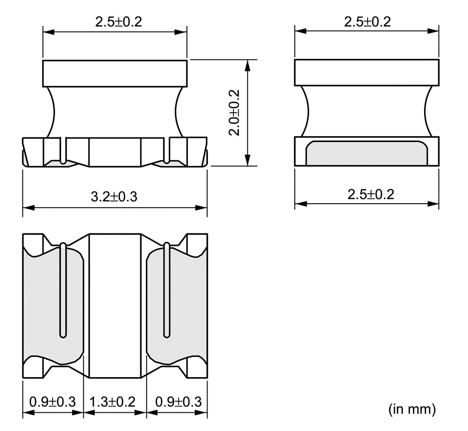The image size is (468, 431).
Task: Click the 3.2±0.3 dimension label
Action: click(x=114, y=197)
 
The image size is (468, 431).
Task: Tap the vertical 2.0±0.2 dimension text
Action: click(x=234, y=112)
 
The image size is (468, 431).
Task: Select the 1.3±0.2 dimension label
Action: click(x=112, y=402)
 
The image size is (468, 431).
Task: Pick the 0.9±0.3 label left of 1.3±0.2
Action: click(x=53, y=402)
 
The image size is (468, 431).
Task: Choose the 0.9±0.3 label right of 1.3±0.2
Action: click(x=179, y=402)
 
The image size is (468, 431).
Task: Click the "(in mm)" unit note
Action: click(x=412, y=409)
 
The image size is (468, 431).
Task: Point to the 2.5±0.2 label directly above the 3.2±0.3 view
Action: click(x=118, y=22)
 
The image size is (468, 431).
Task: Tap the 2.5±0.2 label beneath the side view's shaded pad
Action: click(x=371, y=194)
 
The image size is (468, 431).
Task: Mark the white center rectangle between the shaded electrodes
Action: click(x=115, y=306)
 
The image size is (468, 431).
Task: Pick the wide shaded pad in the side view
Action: click(x=367, y=153)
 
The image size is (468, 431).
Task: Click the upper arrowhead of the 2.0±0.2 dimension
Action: click(x=247, y=66)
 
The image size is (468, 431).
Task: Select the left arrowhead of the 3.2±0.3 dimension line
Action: click(x=29, y=207)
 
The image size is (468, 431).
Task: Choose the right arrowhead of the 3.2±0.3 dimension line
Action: click(x=201, y=207)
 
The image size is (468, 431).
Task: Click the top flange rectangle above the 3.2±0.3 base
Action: click(x=115, y=74)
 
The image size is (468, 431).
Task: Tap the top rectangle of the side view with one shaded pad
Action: click(x=367, y=73)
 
